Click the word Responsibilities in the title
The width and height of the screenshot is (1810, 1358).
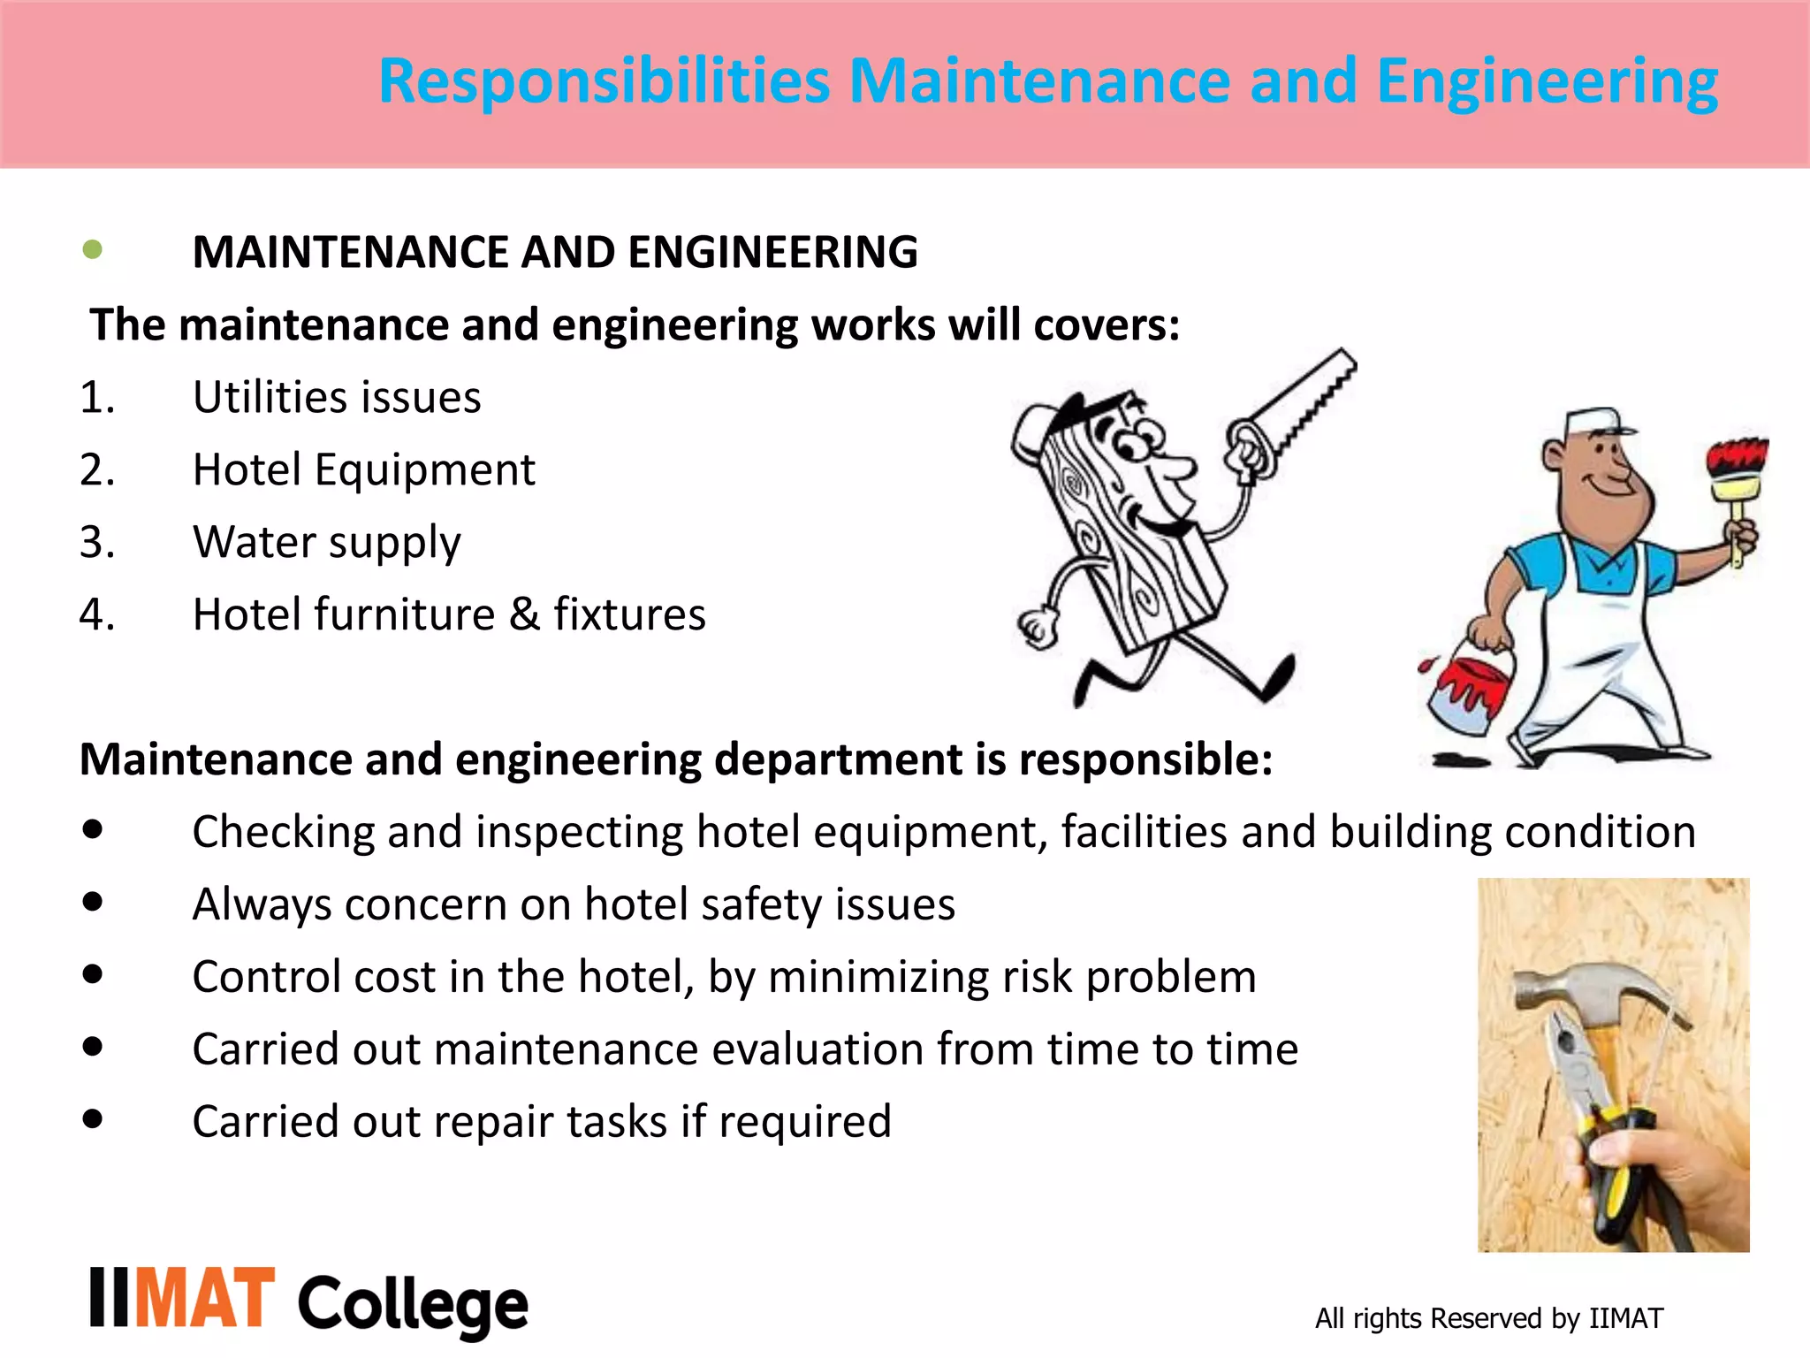click(605, 81)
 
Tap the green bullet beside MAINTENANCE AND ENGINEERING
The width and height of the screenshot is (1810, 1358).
click(92, 250)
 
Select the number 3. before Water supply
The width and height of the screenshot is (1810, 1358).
click(96, 542)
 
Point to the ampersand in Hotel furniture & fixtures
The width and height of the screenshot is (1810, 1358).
click(524, 614)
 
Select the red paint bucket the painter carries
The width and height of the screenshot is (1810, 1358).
click(1467, 690)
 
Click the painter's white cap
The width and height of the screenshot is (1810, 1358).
click(1595, 423)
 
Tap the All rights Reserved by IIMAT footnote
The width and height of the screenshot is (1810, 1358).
click(1488, 1318)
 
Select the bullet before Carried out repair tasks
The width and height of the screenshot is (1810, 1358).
click(92, 1120)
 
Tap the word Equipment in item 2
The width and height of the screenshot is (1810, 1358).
click(424, 469)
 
